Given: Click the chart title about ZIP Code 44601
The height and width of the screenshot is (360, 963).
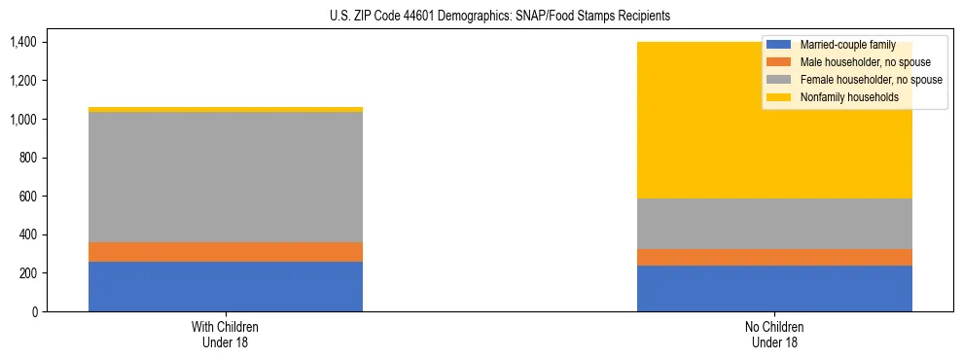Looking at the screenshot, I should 481,17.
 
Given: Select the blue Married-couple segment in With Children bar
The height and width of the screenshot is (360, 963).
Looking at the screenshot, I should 226,286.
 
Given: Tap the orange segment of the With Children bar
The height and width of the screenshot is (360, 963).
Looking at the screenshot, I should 226,252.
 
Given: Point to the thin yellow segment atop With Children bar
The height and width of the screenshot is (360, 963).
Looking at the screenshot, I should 226,109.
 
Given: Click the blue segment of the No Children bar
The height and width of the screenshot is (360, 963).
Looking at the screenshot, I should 774,288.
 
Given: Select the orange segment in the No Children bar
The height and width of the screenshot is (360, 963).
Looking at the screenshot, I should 774,257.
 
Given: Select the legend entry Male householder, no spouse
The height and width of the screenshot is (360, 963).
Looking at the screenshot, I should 851,62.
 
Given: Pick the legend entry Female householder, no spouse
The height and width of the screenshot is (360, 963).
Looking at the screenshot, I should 856,80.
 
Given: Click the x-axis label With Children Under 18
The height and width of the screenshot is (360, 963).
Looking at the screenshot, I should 226,334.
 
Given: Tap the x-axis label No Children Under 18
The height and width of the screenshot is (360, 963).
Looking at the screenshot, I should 774,334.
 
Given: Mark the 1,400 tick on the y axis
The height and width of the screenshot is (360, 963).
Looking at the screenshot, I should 23,42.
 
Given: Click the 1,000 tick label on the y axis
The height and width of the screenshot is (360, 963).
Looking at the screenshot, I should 23,119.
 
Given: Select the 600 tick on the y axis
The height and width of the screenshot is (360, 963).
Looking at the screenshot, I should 29,197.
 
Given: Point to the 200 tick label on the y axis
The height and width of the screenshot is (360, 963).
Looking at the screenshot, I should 29,273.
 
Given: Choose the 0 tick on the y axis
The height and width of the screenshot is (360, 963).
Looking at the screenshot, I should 35,311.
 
